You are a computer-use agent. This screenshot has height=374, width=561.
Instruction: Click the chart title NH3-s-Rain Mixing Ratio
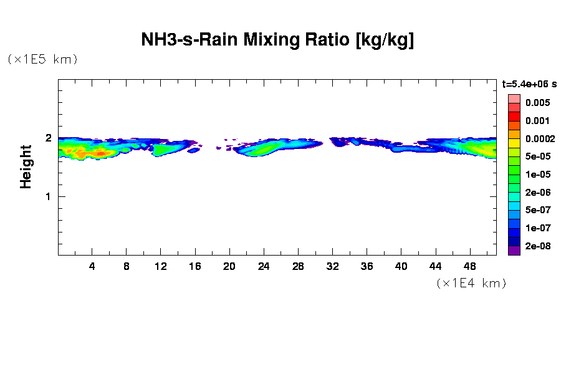[x=278, y=41]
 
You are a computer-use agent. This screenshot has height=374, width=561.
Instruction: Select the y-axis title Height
[x=26, y=166]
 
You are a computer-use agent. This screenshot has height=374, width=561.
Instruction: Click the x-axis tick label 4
[x=92, y=266]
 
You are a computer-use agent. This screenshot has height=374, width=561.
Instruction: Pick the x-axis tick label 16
[x=195, y=266]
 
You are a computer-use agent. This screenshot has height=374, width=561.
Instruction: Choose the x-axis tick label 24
[x=264, y=266]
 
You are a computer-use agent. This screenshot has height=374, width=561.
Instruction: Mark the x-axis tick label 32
[x=332, y=266]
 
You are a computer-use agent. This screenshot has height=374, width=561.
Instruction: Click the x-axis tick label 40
[x=401, y=266]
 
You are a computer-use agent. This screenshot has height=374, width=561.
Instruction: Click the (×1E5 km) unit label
[x=42, y=59]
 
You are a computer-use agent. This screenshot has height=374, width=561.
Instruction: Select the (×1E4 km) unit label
[x=471, y=283]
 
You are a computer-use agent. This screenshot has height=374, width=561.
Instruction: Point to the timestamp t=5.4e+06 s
[x=529, y=84]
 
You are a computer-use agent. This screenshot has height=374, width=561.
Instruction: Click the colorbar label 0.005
[x=537, y=103]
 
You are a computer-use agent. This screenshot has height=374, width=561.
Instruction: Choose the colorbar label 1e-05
[x=537, y=175]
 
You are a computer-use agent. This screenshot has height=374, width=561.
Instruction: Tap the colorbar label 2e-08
[x=537, y=246]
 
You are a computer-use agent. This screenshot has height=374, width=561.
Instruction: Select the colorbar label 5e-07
[x=537, y=210]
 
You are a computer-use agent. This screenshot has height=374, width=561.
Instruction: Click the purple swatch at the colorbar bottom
[x=514, y=251]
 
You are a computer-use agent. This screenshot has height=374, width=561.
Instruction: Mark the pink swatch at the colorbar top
[x=514, y=98]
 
